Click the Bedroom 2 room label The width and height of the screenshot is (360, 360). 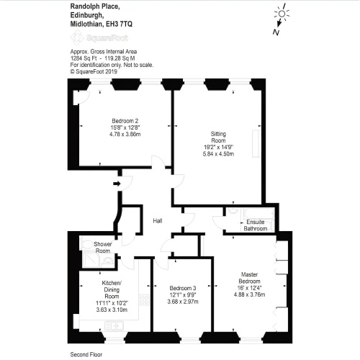(x=125, y=121)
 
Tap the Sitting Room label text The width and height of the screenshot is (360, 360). (x=218, y=137)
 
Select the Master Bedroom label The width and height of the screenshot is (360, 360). (x=249, y=278)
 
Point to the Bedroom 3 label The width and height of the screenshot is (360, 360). (x=183, y=288)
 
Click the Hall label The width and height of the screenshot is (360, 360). (x=158, y=221)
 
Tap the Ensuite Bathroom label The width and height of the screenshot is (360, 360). (x=256, y=225)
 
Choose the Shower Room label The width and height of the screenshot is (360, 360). (x=103, y=248)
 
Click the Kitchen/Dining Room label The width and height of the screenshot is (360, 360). (x=112, y=289)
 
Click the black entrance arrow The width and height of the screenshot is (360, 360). (x=117, y=184)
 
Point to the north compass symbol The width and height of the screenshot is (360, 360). (x=280, y=19)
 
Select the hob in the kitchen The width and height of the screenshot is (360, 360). (x=145, y=300)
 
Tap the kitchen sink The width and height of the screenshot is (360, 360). (x=114, y=326)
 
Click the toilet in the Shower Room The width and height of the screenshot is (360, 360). (x=86, y=244)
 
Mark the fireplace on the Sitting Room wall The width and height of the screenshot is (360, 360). (x=256, y=144)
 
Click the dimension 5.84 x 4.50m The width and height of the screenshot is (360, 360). (x=218, y=154)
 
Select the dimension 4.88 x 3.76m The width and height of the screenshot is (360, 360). (x=249, y=294)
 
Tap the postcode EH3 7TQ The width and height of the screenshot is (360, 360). (x=119, y=24)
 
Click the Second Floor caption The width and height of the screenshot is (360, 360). (x=86, y=354)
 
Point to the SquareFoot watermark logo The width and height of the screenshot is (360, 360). (x=99, y=37)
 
